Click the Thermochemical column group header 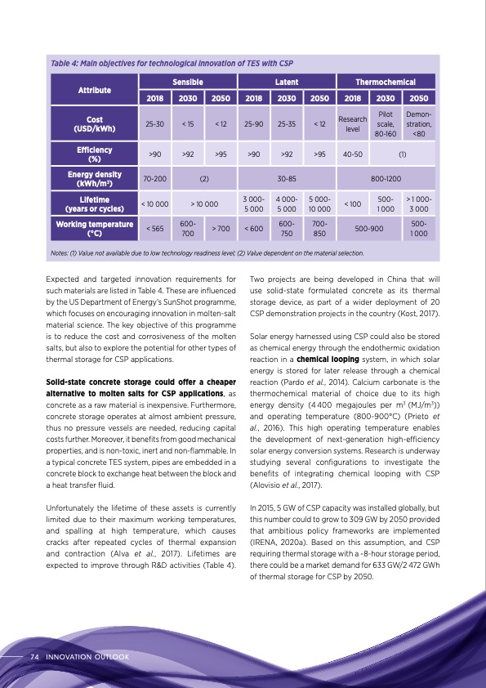pyautogui.click(x=386, y=83)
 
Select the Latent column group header pyautogui.click(x=286, y=83)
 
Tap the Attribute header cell pyautogui.click(x=95, y=91)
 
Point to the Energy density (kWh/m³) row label pyautogui.click(x=95, y=179)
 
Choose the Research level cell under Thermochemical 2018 pyautogui.click(x=353, y=124)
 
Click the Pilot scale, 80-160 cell pyautogui.click(x=386, y=124)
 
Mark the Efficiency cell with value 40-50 pyautogui.click(x=353, y=153)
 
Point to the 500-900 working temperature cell pyautogui.click(x=370, y=229)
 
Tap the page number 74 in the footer pyautogui.click(x=35, y=656)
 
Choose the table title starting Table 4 pyautogui.click(x=172, y=63)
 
